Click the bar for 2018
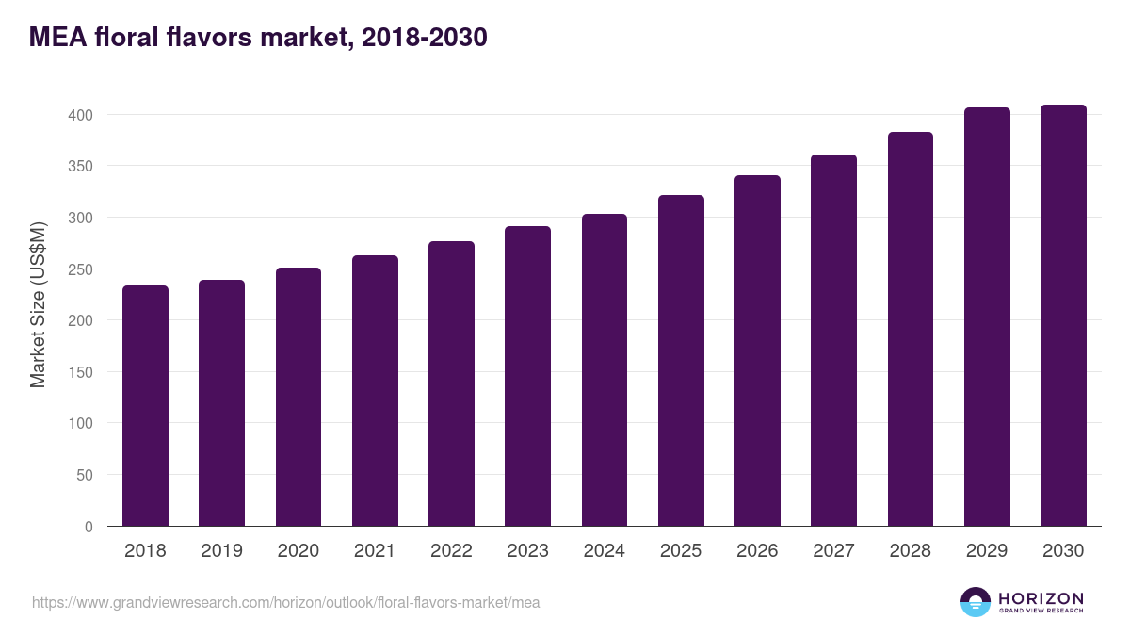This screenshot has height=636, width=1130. [145, 406]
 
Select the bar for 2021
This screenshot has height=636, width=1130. [375, 391]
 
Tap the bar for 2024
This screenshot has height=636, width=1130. [605, 370]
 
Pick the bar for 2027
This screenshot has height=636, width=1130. [834, 340]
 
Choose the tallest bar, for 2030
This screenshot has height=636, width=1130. [1063, 316]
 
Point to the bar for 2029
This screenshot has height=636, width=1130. [987, 317]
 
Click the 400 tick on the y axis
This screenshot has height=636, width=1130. [81, 115]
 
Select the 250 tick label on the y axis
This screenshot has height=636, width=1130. [81, 269]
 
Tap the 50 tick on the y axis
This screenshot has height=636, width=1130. [85, 475]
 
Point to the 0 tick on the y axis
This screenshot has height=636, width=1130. [89, 527]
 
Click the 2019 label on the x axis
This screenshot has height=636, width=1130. [221, 550]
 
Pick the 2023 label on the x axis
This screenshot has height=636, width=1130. [527, 550]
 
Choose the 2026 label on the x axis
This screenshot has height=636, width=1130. [757, 550]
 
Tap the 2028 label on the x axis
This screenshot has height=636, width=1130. [910, 550]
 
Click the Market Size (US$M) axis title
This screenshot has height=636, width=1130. [38, 305]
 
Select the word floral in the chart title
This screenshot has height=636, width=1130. [126, 37]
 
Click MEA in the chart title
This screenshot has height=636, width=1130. [58, 37]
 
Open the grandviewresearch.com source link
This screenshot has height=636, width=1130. [285, 603]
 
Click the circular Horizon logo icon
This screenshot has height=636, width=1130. [976, 602]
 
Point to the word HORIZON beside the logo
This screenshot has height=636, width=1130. [1041, 598]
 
